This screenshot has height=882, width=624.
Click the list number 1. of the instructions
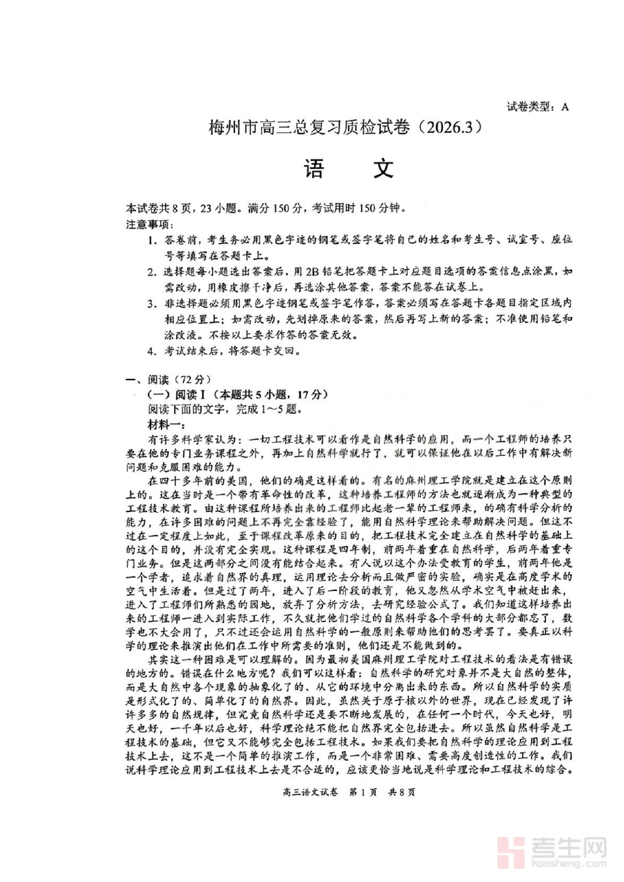tap(151, 240)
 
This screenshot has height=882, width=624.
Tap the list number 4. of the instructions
tap(151, 351)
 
